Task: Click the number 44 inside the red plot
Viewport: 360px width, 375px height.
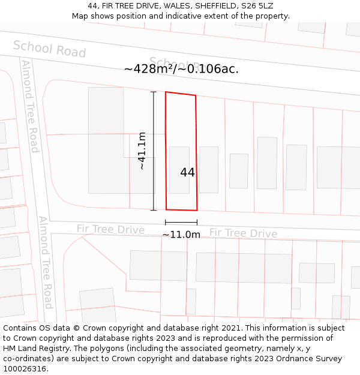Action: click(x=187, y=173)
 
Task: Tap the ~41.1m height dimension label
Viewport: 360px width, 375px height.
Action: click(x=142, y=151)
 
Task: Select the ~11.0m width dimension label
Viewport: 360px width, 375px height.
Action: click(x=181, y=235)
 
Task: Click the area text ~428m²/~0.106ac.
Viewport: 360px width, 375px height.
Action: click(x=181, y=69)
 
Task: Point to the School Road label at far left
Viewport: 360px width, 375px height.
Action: click(x=49, y=49)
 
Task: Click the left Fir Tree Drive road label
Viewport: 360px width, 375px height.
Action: click(x=110, y=229)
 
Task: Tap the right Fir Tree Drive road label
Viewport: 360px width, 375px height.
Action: click(x=243, y=233)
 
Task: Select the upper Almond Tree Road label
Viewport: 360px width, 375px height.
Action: click(x=29, y=106)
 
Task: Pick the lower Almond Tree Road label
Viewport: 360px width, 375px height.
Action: click(x=46, y=262)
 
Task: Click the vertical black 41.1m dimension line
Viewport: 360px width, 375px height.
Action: click(x=154, y=151)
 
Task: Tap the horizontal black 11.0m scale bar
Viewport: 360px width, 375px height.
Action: click(x=181, y=223)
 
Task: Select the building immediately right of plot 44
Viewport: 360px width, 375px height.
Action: click(x=209, y=170)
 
